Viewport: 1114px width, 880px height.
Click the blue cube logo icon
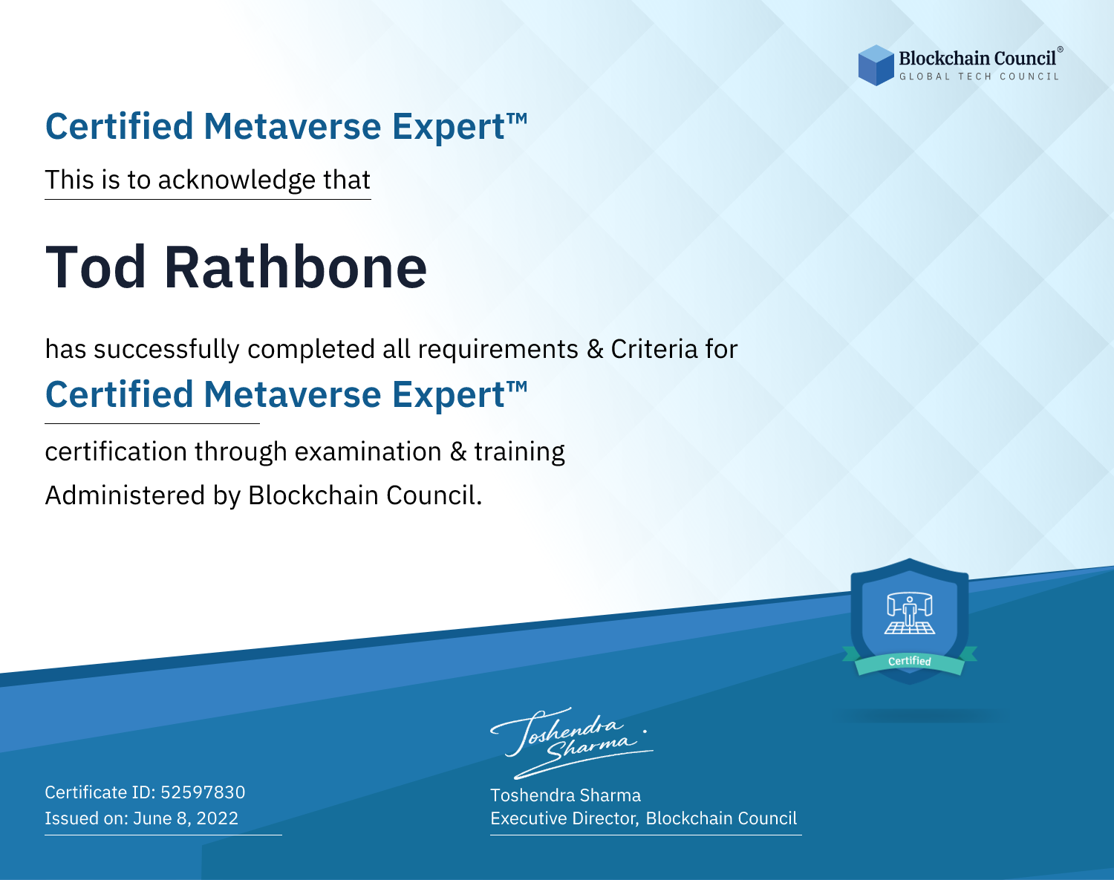876,65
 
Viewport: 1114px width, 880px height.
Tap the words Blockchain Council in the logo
977,59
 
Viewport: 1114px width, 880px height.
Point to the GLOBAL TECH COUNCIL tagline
980,76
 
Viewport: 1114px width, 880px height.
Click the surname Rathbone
296,267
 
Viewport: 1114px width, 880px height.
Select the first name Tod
96,267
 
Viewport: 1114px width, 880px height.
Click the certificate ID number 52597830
203,792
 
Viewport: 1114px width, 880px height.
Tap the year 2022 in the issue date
218,818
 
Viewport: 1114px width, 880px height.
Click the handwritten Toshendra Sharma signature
572,743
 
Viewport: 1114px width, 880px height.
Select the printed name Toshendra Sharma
565,795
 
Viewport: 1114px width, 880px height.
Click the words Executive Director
564,818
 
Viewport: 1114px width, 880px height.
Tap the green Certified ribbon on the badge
910,662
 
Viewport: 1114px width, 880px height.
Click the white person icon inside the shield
910,612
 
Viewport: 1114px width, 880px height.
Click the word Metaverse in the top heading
293,126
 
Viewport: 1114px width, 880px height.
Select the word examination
368,452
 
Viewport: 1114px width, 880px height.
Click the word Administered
125,495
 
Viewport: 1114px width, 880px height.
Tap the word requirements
498,349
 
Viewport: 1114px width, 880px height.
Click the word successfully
166,350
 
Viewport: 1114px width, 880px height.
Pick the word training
519,452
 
